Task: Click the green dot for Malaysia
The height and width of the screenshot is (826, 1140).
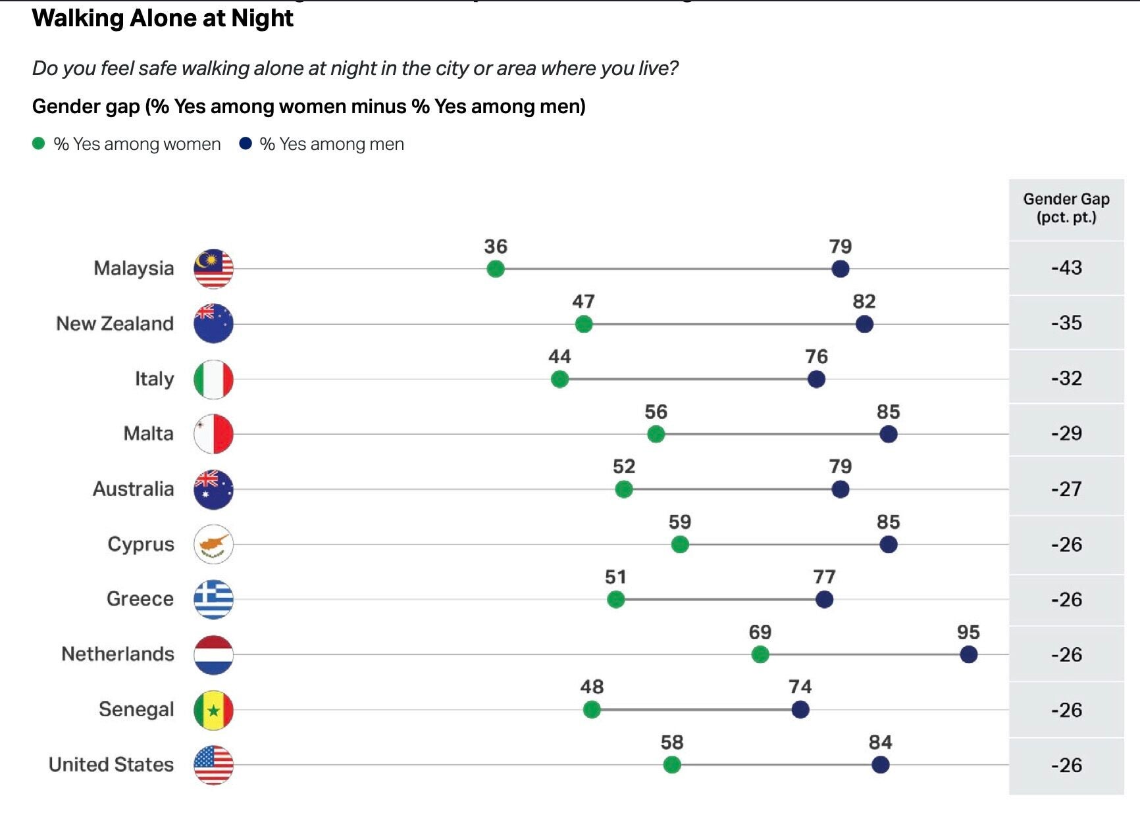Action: [x=496, y=269]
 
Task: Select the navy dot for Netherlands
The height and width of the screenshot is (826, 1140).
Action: [x=968, y=654]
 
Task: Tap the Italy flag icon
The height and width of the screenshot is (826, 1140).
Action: [x=213, y=379]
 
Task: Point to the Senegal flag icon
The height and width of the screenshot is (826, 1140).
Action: [x=213, y=710]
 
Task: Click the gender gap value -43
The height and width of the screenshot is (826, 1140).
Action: [x=1066, y=268]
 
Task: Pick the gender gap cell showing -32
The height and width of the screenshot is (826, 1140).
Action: [x=1066, y=378]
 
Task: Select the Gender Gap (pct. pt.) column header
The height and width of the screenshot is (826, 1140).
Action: [x=1066, y=208]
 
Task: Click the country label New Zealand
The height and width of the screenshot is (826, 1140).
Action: [x=115, y=324]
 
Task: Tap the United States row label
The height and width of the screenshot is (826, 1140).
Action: [x=111, y=764]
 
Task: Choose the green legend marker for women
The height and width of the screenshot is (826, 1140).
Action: [x=39, y=143]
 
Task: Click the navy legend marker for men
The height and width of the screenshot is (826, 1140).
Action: [x=246, y=143]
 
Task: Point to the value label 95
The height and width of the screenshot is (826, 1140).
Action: [x=968, y=632]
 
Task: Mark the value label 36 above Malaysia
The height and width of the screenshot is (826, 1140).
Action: [x=496, y=247]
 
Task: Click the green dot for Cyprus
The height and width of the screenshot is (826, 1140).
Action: [x=680, y=545]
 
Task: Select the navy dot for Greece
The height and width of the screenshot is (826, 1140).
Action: [x=824, y=600]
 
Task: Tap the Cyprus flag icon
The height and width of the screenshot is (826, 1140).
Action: [x=213, y=545]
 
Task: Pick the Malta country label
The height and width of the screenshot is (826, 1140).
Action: [x=149, y=433]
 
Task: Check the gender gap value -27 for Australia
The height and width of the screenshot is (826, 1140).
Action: [x=1066, y=489]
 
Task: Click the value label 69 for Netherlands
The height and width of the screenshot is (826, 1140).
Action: [x=760, y=632]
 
